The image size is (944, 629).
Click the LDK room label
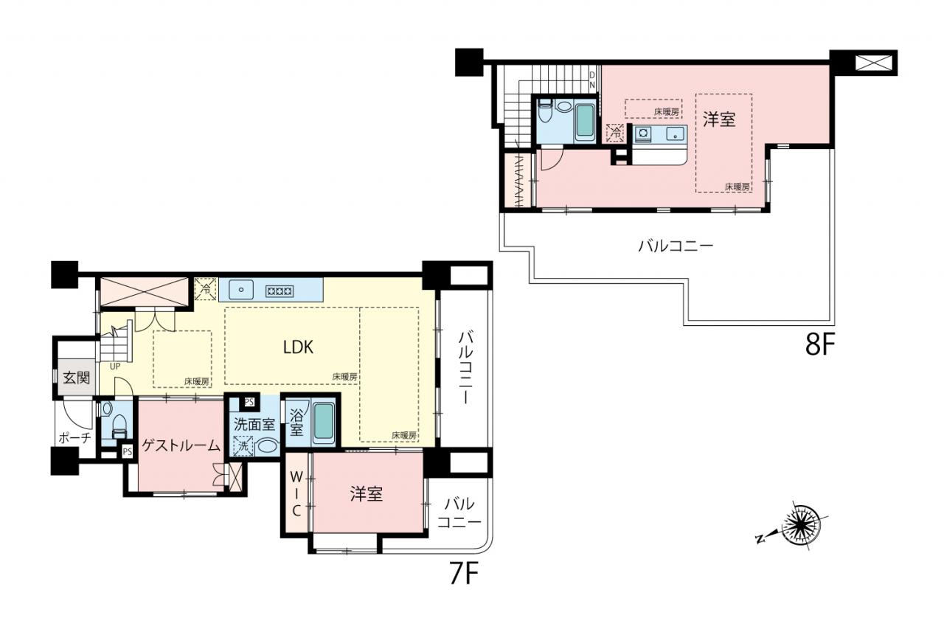[298, 347]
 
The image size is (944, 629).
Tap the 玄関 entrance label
[76, 378]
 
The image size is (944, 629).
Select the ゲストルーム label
[181, 445]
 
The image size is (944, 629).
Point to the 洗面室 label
[254, 424]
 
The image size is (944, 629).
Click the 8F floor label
[819, 344]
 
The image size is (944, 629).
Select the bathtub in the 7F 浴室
[324, 423]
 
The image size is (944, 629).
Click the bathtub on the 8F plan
[586, 120]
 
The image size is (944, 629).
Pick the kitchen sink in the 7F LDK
[241, 290]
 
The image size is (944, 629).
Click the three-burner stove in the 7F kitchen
[279, 291]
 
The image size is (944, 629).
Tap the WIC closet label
[296, 494]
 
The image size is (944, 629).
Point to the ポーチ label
[74, 438]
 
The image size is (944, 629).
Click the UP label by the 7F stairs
[115, 366]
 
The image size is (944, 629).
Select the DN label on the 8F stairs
[592, 80]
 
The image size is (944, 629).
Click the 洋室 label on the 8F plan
[719, 119]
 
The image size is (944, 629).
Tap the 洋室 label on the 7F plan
[367, 494]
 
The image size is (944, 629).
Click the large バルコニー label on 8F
[675, 246]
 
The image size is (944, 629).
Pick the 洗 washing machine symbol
[243, 446]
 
